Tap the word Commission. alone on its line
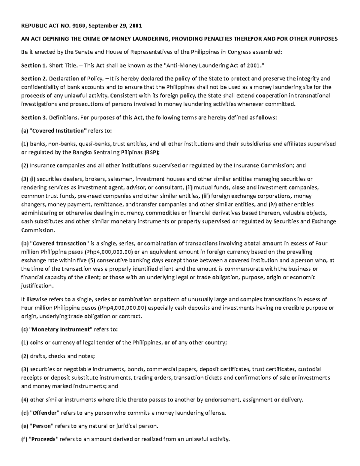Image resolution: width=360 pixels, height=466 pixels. (34, 230)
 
